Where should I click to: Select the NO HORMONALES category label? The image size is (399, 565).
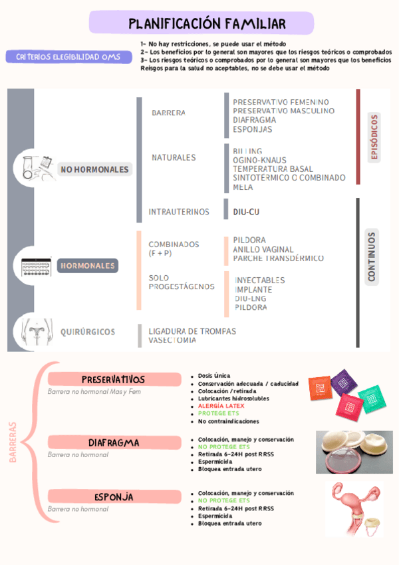(x=94, y=170)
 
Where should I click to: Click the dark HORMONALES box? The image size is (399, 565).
(x=88, y=266)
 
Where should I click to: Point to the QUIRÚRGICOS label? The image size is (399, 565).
(x=88, y=332)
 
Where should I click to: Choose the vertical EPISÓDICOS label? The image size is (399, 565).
(x=374, y=137)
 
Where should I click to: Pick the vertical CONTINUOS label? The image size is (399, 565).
(x=371, y=256)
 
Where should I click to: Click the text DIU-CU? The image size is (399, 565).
(x=246, y=212)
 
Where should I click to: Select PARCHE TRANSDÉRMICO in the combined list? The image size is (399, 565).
(x=279, y=259)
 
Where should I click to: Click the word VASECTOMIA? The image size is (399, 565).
(x=172, y=340)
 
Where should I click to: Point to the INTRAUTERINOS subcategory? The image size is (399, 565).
(x=179, y=212)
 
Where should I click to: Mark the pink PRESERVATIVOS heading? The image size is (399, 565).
(x=114, y=380)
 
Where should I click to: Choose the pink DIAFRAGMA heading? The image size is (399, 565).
(x=114, y=442)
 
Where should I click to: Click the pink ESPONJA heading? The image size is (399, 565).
(x=114, y=497)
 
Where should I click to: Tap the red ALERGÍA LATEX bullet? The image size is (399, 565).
(x=221, y=406)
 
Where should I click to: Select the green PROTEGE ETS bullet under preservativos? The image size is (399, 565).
(x=218, y=413)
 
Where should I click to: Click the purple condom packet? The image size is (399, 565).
(x=344, y=383)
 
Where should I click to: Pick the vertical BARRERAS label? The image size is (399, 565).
(x=13, y=441)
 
